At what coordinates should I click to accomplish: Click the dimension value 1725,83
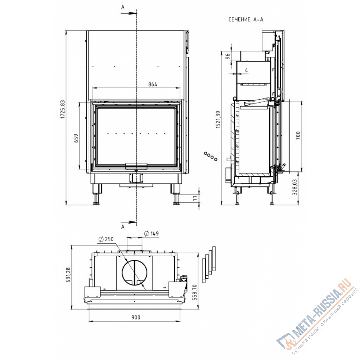coord(63,109)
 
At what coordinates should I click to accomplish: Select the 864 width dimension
coord(153,85)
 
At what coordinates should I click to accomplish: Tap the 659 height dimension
coord(76,138)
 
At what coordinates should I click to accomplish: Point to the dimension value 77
coord(195,198)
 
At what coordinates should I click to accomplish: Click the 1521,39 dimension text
coord(218,120)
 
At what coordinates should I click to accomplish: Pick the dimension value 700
coord(298,136)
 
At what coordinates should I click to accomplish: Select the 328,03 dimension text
coord(295,187)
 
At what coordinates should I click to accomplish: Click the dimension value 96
coord(228,57)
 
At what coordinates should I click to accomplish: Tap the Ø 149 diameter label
coord(152,234)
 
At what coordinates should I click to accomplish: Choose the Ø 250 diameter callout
coord(106,239)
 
